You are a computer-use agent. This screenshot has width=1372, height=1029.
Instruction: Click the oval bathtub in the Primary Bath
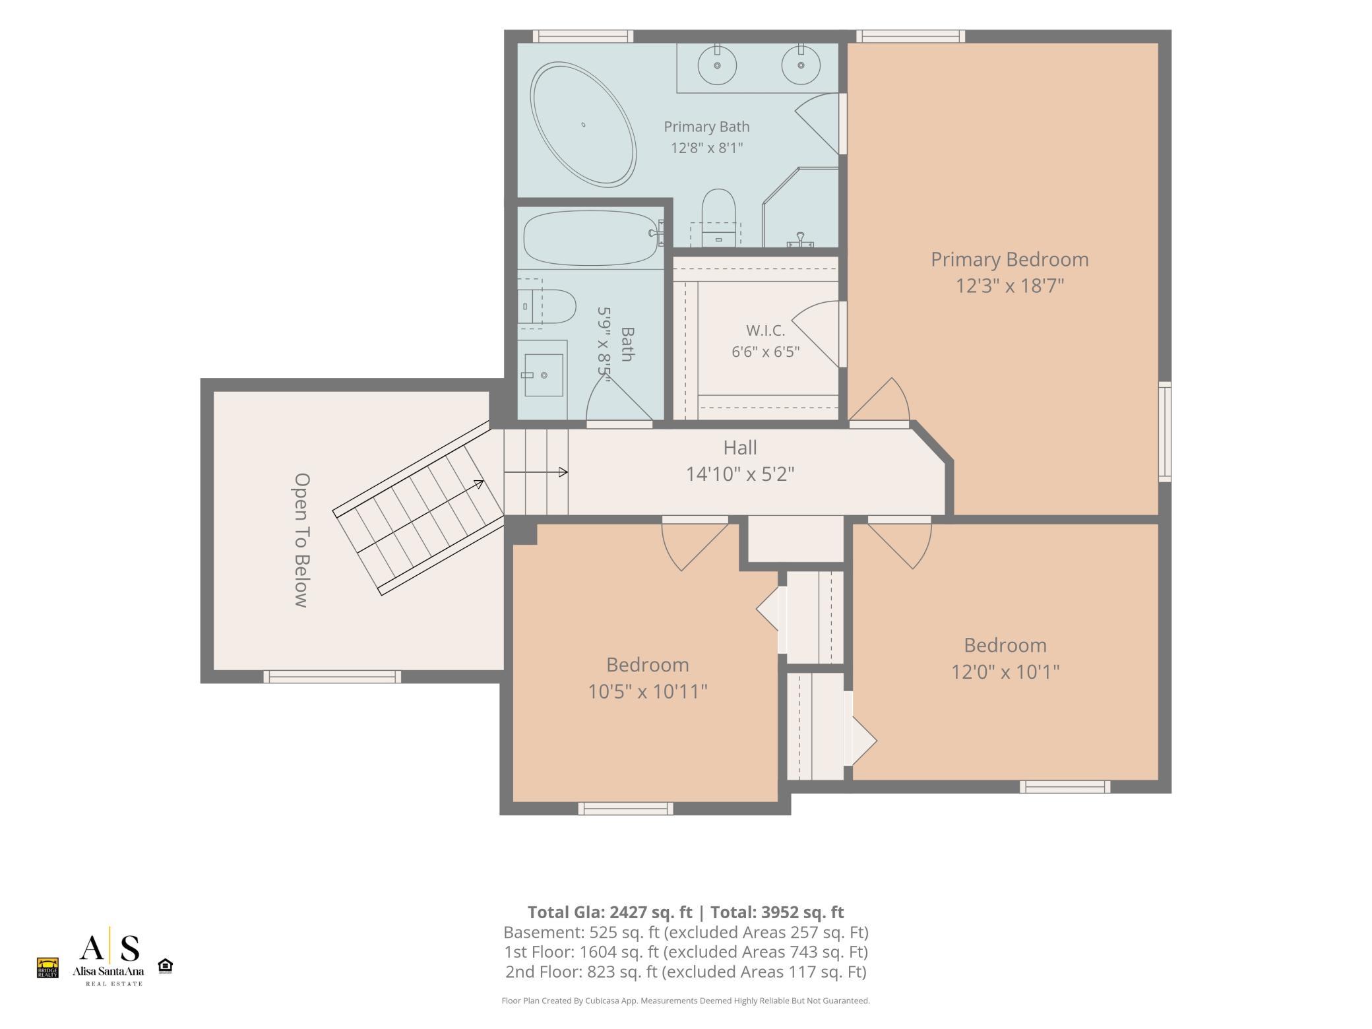[x=584, y=125]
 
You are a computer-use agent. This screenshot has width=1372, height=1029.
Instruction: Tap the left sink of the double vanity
[x=716, y=65]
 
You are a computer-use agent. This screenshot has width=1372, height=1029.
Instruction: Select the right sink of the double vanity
[x=801, y=65]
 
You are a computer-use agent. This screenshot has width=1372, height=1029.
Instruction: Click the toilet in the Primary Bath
[x=718, y=218]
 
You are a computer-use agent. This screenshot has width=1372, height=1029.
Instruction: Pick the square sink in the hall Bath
[x=544, y=375]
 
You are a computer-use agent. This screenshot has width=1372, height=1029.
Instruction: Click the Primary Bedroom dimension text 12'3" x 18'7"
[x=1010, y=286]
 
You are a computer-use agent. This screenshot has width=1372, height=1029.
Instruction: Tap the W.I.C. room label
[x=765, y=330]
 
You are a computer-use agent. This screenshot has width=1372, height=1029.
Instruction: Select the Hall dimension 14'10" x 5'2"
[x=740, y=474]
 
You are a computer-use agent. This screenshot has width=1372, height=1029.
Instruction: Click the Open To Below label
[x=301, y=540]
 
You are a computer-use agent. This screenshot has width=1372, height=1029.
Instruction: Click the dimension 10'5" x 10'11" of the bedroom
[x=648, y=691]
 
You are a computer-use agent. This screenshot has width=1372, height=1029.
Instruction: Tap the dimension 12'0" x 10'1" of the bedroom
[x=1005, y=672]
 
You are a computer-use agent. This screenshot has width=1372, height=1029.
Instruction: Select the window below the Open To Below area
[x=332, y=676]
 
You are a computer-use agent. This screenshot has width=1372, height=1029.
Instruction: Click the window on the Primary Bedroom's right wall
[x=1165, y=431]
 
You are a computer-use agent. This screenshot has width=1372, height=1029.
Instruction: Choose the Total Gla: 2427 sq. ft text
[x=609, y=912]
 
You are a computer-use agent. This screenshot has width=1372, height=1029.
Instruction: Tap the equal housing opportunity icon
[x=165, y=966]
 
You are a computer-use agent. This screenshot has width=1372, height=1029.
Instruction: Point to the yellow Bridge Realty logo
[x=47, y=968]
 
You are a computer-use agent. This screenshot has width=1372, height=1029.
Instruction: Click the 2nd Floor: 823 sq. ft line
[x=686, y=972]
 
